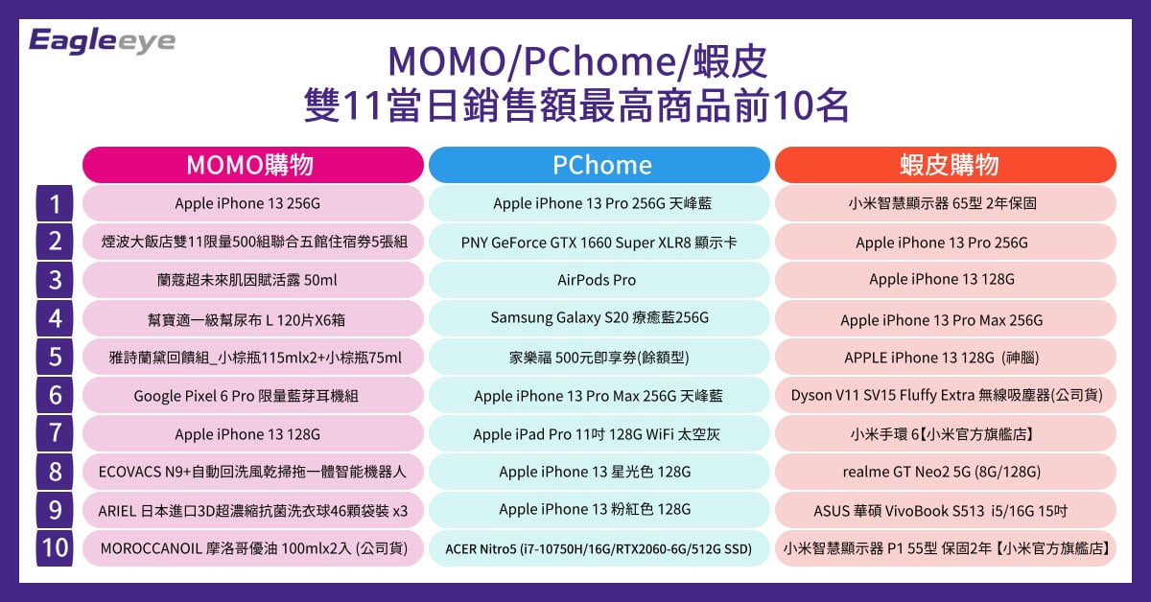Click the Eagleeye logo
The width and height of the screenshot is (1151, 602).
(x=102, y=40)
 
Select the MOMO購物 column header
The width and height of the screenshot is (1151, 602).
(x=253, y=165)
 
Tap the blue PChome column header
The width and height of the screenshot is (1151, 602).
(x=599, y=165)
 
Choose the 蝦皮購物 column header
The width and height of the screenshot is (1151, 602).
(x=946, y=165)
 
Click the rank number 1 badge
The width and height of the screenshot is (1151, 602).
(x=55, y=203)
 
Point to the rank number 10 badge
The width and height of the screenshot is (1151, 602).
(x=55, y=548)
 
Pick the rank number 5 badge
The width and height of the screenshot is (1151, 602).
(x=55, y=357)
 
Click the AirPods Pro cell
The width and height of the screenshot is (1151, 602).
(x=599, y=280)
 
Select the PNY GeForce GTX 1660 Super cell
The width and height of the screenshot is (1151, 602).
(x=599, y=242)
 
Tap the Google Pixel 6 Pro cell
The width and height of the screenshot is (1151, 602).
(x=253, y=396)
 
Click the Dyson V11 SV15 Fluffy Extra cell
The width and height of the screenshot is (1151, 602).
(x=946, y=396)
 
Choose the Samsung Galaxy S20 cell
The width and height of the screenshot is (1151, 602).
(x=599, y=318)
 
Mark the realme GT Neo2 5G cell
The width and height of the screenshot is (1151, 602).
(x=946, y=472)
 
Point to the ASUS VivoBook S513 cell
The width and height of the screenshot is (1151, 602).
(x=946, y=510)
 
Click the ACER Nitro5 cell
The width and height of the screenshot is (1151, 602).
(x=599, y=548)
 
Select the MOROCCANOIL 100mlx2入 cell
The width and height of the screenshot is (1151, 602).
(x=253, y=548)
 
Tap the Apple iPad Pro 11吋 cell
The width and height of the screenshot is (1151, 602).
(x=599, y=433)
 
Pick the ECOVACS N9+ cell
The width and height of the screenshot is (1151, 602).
(x=253, y=472)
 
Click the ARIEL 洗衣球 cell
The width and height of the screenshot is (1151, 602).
(x=253, y=510)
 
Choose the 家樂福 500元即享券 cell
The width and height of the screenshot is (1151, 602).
(x=599, y=357)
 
